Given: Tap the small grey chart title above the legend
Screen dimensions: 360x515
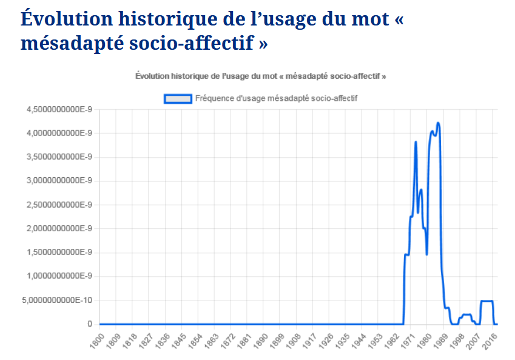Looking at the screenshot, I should point(261,76).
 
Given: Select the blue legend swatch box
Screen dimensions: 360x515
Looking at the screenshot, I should point(178,98).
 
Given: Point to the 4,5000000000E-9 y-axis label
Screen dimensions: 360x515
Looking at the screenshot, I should point(58,109).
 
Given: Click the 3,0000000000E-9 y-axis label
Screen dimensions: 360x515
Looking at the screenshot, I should point(58,181).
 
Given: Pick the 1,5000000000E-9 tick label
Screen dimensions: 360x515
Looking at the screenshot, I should point(58,253).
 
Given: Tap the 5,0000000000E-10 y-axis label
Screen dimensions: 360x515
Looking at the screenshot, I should point(58,300).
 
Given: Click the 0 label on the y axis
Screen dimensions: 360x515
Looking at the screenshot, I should point(89,324).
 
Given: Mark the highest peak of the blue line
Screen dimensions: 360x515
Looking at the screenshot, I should point(438,123).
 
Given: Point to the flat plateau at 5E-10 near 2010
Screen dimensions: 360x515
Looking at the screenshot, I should point(486,301).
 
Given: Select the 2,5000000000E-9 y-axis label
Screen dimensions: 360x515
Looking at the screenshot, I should point(58,205).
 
